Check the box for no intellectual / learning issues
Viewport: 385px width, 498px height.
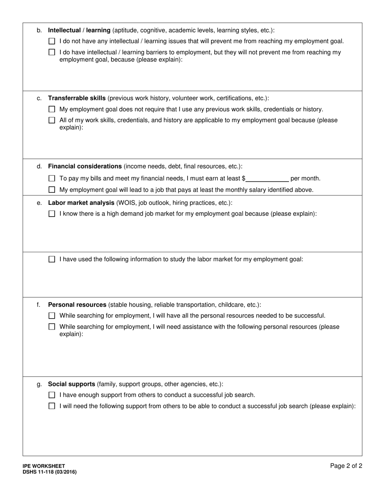pos(51,41)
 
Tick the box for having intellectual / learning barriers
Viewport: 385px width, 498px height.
pos(51,52)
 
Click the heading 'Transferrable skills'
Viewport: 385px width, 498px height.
pos(77,98)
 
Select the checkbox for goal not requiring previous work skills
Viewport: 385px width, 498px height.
pos(51,109)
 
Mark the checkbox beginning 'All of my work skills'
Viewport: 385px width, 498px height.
pos(51,120)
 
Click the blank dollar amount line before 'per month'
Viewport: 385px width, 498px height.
pos(267,179)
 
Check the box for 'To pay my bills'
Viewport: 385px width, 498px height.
pos(51,179)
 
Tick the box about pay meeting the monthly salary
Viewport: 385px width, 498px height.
pos(51,190)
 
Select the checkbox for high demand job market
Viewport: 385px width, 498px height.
pos(51,214)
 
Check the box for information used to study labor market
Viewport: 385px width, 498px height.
pos(51,260)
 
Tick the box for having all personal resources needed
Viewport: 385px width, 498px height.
pos(51,316)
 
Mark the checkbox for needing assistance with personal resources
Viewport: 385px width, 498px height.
pos(51,327)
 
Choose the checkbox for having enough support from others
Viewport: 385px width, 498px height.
pos(51,395)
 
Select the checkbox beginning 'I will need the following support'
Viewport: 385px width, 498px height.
pos(51,406)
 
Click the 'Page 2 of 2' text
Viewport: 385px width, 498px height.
pos(346,466)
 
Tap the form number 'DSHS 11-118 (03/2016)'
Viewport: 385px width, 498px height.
pos(49,472)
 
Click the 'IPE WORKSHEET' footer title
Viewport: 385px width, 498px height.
pos(44,466)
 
